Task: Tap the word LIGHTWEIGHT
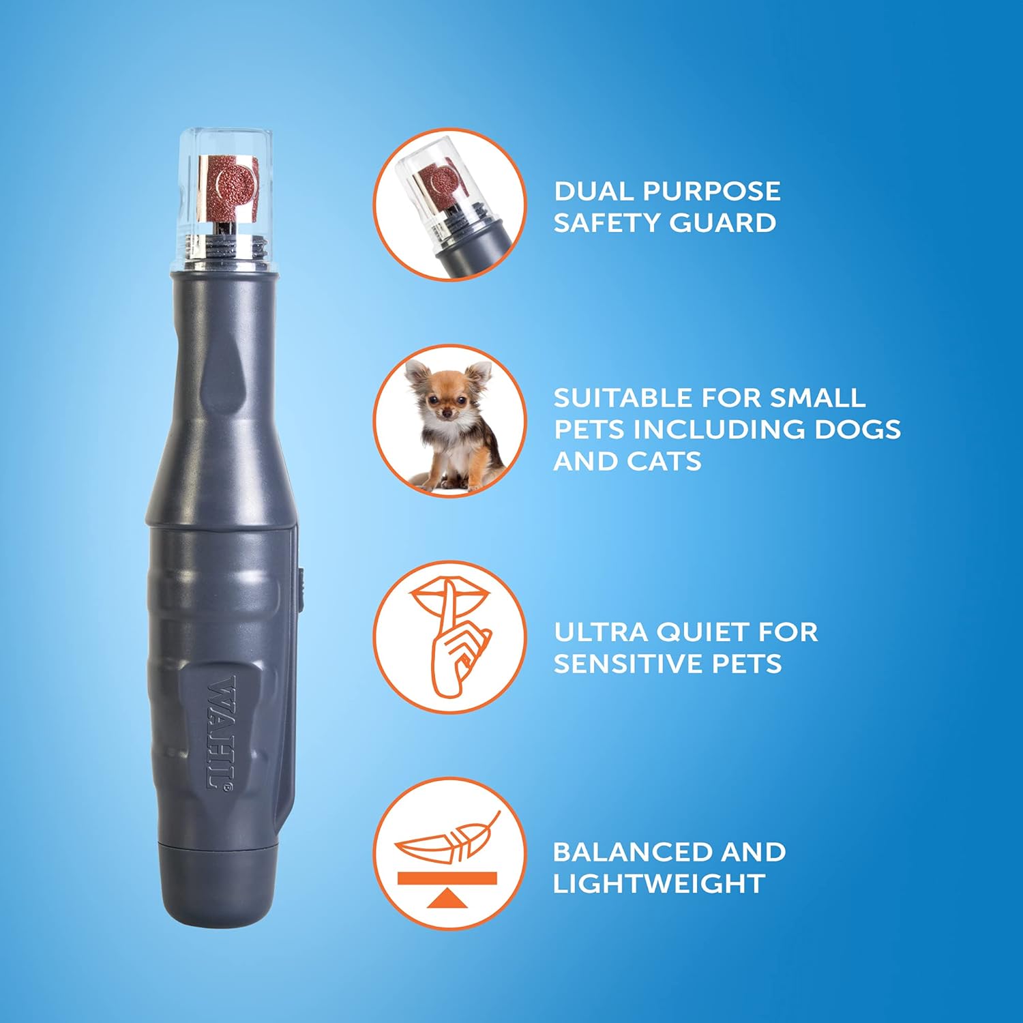(x=658, y=884)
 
